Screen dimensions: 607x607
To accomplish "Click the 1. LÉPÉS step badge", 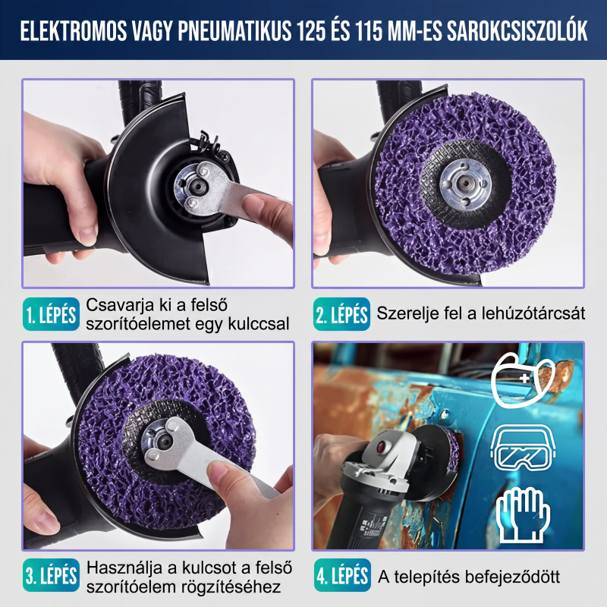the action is (51, 314).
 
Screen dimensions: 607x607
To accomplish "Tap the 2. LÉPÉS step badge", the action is (341, 314).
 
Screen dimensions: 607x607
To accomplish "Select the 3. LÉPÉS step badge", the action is (51, 575).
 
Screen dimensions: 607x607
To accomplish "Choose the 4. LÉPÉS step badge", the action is (342, 575).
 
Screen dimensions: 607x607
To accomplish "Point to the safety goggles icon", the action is (523, 448).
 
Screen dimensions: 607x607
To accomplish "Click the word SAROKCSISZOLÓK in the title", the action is (517, 31).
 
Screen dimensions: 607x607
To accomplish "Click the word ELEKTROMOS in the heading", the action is (73, 31).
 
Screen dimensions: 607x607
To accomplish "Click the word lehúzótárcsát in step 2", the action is (533, 313).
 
